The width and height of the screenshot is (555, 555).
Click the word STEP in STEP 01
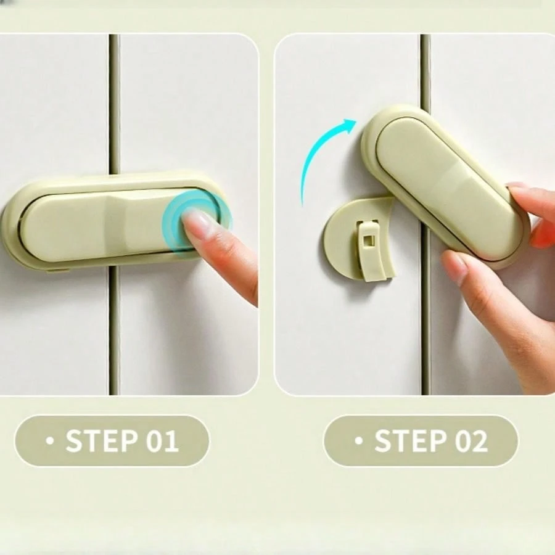pyautogui.click(x=101, y=440)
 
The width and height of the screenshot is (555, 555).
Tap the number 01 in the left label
pyautogui.click(x=162, y=440)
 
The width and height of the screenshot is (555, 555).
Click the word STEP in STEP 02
pyautogui.click(x=410, y=440)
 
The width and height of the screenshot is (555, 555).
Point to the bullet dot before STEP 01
pyautogui.click(x=50, y=441)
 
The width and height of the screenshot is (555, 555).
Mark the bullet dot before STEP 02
pyautogui.click(x=359, y=441)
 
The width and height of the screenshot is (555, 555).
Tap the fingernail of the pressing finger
pyautogui.click(x=198, y=221)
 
